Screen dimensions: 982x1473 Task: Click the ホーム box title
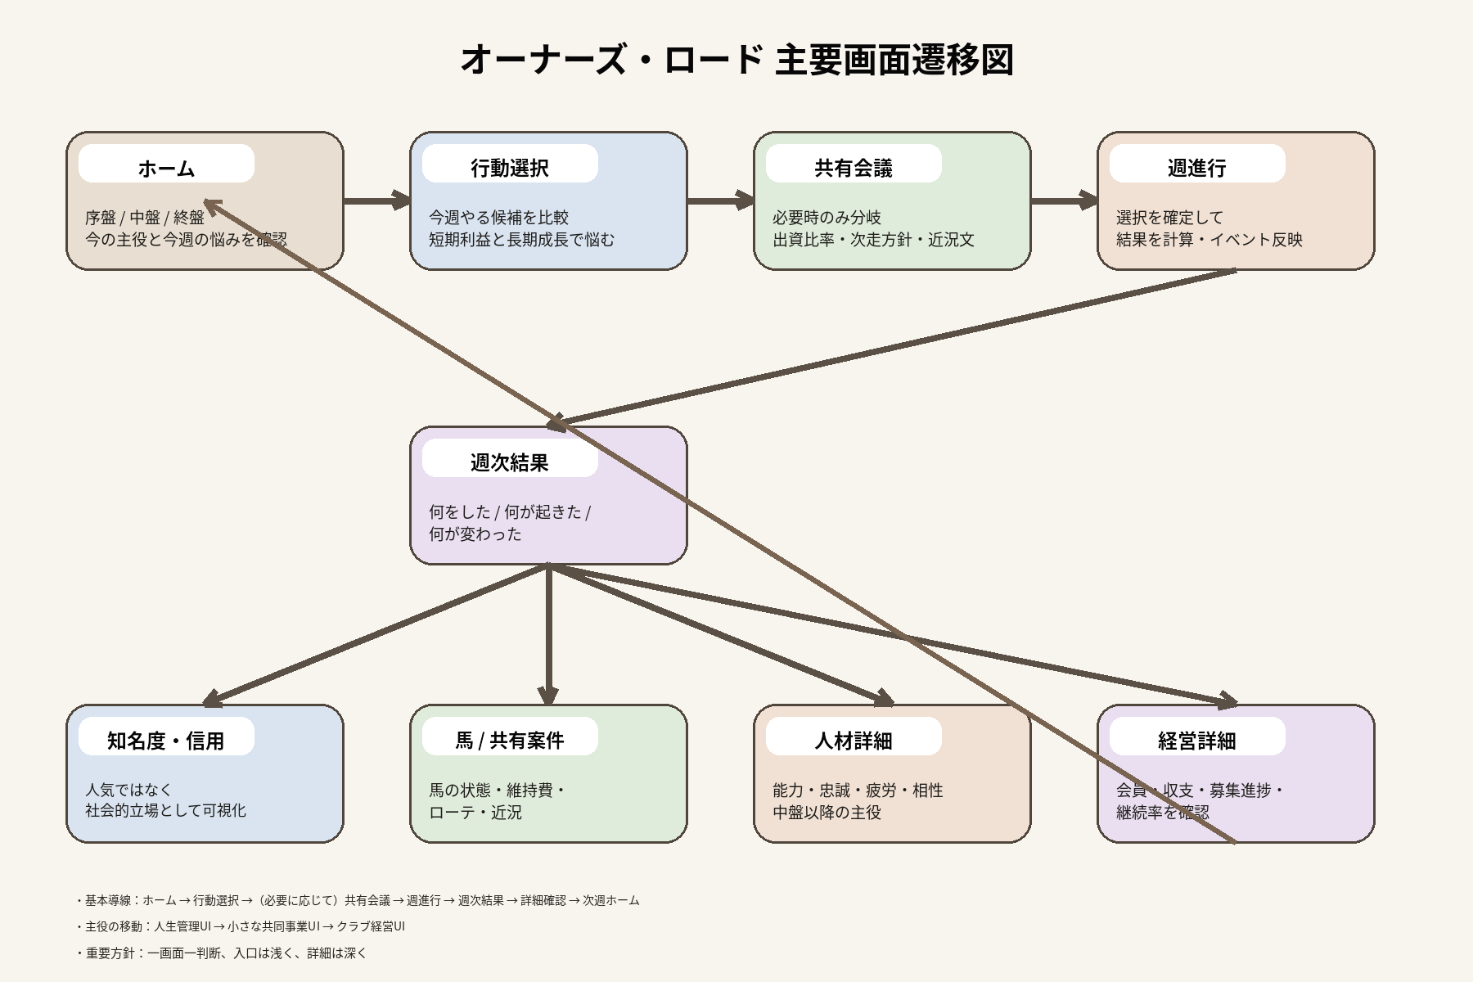tap(166, 168)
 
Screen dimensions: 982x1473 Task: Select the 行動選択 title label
tap(510, 168)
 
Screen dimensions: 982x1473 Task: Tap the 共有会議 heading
tap(854, 168)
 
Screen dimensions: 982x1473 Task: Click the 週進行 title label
tap(1197, 168)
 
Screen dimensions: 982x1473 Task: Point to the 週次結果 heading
tap(510, 462)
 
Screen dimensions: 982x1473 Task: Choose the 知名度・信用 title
tap(166, 741)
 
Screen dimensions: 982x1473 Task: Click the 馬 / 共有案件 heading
tap(510, 741)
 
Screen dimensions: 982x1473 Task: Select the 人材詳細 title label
tap(854, 741)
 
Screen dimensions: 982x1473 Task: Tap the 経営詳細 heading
tap(1197, 741)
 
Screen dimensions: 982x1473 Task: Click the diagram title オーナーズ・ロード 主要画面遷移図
tap(736, 60)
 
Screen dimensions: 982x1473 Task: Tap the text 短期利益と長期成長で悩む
tap(521, 240)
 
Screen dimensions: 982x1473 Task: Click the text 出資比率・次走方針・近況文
tap(873, 240)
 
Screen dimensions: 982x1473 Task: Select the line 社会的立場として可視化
tap(165, 810)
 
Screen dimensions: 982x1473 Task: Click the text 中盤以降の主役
tap(827, 813)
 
